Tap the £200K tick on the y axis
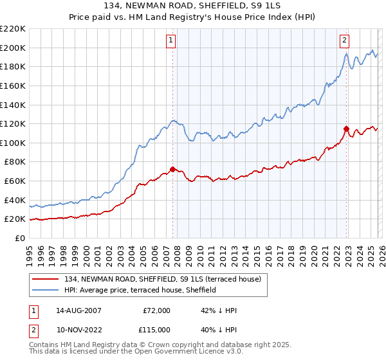tap(14, 48)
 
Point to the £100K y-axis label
tap(14, 143)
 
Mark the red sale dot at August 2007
tap(172, 169)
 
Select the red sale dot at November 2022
tap(346, 129)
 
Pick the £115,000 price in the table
tap(155, 329)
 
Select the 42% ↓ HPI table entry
tap(219, 310)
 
